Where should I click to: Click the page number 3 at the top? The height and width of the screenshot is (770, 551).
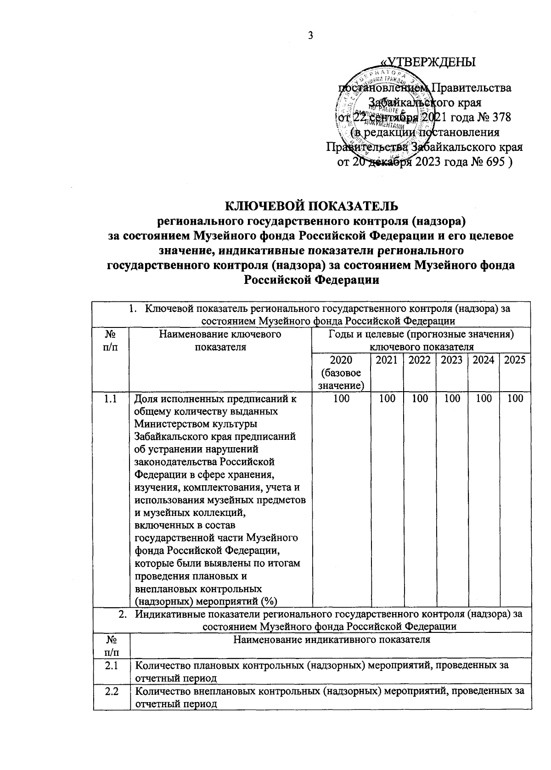point(310,36)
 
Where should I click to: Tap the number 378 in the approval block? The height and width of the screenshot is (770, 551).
point(500,117)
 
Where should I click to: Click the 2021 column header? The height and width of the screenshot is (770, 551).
point(386,360)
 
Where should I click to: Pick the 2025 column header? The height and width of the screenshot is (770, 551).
point(514,360)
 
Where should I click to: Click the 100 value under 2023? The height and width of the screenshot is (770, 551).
point(452,399)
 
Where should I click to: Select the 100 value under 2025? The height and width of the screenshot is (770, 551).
point(515,399)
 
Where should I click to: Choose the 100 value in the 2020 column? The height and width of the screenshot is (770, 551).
point(341,399)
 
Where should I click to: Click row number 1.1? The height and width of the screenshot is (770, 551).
point(111,399)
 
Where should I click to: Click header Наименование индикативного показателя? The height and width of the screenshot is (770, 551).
point(332,639)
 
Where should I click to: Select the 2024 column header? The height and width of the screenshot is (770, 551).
point(483,360)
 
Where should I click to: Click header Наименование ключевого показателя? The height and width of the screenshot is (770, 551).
point(220,341)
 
